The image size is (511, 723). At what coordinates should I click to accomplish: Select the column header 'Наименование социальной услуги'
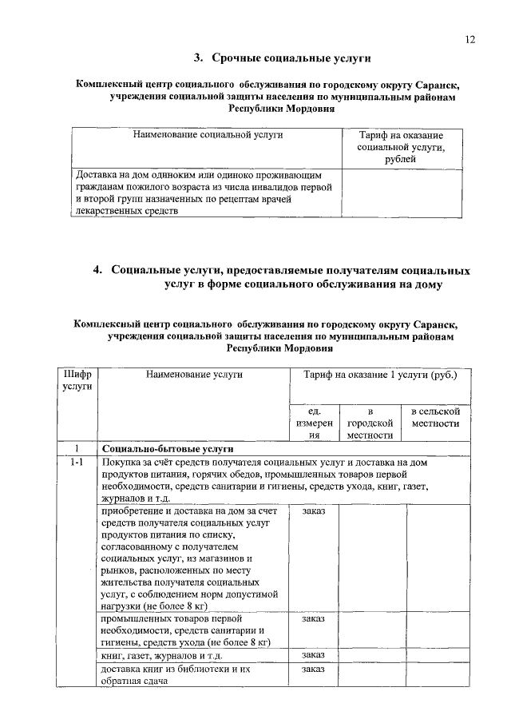[208, 136]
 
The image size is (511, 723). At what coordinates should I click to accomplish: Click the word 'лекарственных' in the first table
[107, 211]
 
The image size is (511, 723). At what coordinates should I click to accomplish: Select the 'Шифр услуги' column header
[77, 380]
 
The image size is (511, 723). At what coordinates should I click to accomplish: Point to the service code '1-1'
[77, 463]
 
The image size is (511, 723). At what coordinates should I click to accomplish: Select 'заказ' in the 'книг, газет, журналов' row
[314, 655]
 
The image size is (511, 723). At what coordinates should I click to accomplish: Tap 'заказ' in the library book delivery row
[314, 668]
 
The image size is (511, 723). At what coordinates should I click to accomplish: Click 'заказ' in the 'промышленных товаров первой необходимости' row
[314, 618]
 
